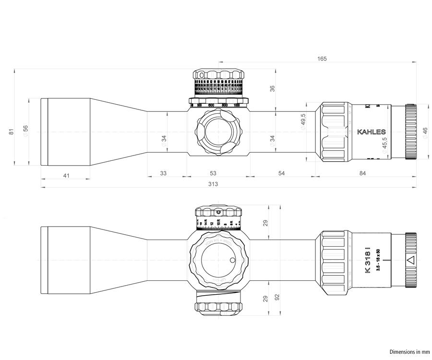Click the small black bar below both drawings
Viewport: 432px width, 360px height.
(409, 352)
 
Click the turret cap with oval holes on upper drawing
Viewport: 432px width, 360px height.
(219, 77)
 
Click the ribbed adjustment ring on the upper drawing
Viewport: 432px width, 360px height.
(332, 131)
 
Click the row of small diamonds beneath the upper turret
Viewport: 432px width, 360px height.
(218, 101)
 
